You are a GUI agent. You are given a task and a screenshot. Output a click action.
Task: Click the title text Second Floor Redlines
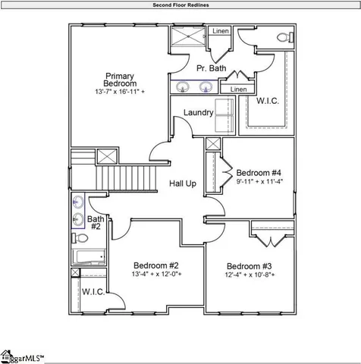180,5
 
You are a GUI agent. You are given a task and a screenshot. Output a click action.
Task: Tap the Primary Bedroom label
120,80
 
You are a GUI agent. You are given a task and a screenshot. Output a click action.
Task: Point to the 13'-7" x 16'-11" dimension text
120,92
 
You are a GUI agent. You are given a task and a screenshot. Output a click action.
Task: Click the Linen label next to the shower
220,31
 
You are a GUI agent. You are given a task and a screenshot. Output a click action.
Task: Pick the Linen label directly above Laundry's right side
237,89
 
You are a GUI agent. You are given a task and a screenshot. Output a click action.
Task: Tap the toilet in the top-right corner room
281,37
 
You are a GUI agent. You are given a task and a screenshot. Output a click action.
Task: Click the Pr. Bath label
211,68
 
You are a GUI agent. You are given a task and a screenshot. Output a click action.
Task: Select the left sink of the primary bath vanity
182,88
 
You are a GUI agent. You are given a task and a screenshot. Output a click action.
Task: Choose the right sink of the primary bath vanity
205,88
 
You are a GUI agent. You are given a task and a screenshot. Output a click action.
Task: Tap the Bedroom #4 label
259,171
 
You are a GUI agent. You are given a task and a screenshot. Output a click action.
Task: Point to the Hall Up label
183,184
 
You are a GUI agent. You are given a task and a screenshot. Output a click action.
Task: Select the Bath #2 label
96,222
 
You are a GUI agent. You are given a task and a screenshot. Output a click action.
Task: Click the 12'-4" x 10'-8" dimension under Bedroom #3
250,275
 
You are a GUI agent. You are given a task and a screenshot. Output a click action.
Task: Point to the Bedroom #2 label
155,265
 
